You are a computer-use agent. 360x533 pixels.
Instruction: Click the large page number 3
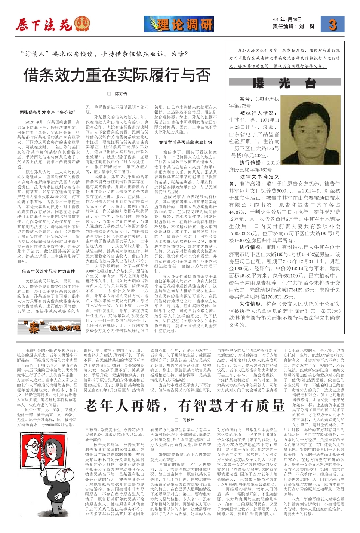coord(332,25)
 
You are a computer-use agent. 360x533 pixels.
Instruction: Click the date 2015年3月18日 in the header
coord(287,19)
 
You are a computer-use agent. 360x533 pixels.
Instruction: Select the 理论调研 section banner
coord(179,25)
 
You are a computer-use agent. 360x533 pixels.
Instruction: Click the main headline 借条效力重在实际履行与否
coord(117,75)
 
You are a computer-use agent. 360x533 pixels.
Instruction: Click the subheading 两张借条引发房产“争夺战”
coord(48,112)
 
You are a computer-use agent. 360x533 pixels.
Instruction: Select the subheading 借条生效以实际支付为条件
coord(48,271)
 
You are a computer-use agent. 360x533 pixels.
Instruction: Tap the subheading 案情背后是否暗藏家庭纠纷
coord(185,143)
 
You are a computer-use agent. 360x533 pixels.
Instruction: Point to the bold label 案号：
coord(247,99)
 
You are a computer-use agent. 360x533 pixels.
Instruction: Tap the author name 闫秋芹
coord(188,420)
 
